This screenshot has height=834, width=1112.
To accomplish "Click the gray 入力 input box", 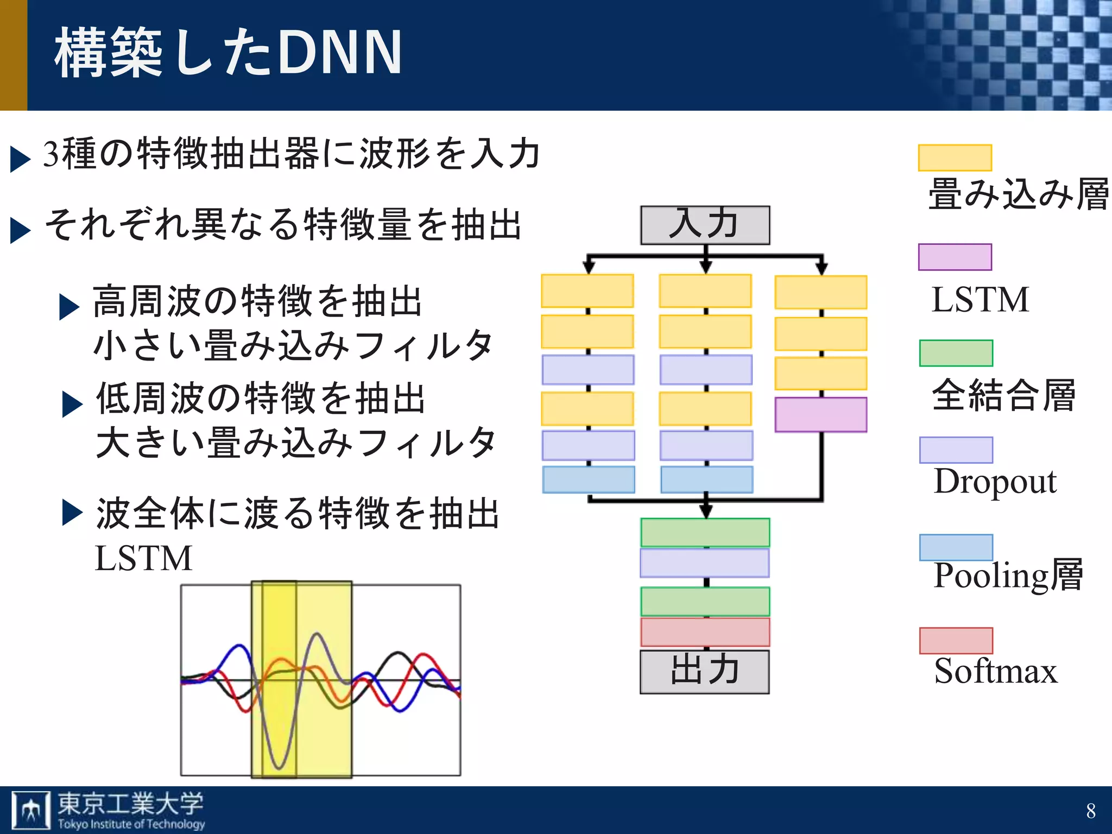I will [x=705, y=225].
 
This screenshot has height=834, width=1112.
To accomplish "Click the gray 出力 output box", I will [x=704, y=671].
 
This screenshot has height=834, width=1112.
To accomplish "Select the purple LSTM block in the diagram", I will [x=820, y=415].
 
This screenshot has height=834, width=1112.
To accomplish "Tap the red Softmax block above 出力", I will [x=705, y=632].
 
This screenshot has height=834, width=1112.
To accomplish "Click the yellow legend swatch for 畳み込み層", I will [x=955, y=157].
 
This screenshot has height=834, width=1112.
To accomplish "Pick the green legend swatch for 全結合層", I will [x=956, y=353].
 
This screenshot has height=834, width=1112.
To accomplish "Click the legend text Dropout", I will [x=995, y=481].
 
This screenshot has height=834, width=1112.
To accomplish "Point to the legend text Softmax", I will [x=995, y=671].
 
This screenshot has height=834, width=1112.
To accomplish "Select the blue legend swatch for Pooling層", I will [x=956, y=547].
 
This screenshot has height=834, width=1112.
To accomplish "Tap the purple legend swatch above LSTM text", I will [x=955, y=257].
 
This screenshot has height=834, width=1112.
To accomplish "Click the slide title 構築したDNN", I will [x=228, y=53].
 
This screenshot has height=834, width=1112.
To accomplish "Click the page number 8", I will [x=1091, y=811].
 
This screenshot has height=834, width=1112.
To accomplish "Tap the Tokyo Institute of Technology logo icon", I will [x=30, y=810].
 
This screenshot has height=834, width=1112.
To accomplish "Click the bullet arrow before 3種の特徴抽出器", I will [x=20, y=159].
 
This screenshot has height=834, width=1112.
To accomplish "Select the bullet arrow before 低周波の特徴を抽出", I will [x=72, y=404].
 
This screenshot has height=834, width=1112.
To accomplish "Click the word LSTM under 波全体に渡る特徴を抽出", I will [x=143, y=558].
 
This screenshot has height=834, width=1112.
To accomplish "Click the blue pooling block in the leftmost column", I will [x=589, y=479].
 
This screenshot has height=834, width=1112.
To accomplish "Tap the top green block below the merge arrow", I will [x=705, y=532].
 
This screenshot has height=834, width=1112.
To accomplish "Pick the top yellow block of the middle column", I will [x=705, y=291].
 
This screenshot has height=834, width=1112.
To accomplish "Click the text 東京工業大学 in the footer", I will [x=130, y=804].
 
